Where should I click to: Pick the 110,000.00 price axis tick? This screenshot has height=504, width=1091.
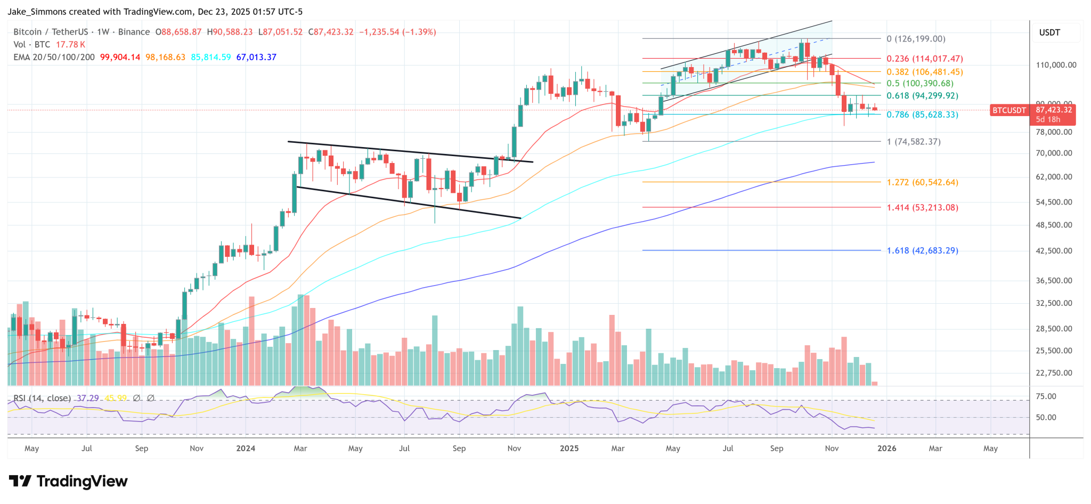click(x=1056, y=65)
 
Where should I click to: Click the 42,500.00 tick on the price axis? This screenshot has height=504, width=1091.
click(x=1054, y=250)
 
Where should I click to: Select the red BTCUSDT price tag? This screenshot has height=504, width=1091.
click(x=1008, y=110)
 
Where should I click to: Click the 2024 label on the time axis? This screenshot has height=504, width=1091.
click(x=246, y=449)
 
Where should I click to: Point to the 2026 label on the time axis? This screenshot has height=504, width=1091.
click(x=886, y=449)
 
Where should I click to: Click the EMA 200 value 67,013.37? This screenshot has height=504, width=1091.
click(x=256, y=57)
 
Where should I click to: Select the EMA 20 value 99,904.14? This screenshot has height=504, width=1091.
click(x=120, y=57)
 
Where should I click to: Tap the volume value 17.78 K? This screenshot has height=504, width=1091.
click(x=70, y=45)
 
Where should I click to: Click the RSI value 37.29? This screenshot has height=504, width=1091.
click(x=88, y=398)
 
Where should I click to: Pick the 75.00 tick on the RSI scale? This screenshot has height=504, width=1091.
click(x=1046, y=396)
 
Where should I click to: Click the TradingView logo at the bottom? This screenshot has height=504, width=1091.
click(x=68, y=482)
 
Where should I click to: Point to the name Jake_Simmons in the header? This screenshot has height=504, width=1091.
click(x=37, y=12)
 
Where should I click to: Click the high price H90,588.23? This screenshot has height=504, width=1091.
click(x=230, y=32)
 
